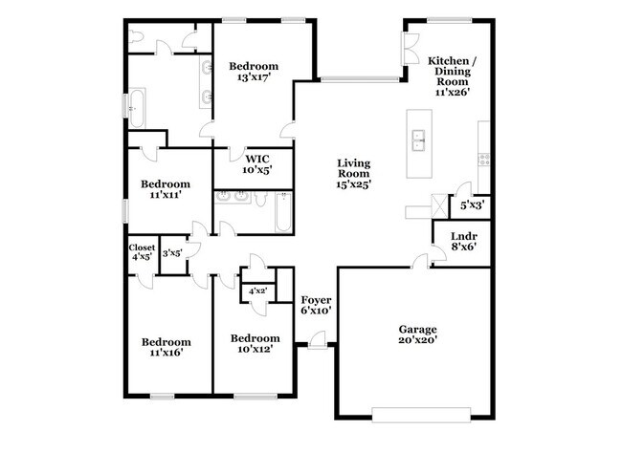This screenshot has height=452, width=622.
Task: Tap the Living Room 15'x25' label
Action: (x=353, y=173)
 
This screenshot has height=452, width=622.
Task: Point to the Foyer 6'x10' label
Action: (x=316, y=305)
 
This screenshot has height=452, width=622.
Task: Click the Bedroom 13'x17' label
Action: (x=253, y=72)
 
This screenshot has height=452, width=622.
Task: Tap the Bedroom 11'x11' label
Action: (x=166, y=188)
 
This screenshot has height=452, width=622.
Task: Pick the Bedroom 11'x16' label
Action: (x=166, y=347)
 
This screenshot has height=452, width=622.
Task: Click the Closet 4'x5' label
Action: (x=142, y=252)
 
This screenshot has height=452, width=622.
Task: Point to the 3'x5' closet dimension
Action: (x=172, y=253)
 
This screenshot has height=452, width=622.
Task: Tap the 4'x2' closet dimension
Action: (x=257, y=291)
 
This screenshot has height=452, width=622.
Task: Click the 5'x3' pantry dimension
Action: (x=472, y=204)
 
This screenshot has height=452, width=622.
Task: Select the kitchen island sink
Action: (x=417, y=142)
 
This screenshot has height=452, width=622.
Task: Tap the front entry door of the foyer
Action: (x=318, y=337)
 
